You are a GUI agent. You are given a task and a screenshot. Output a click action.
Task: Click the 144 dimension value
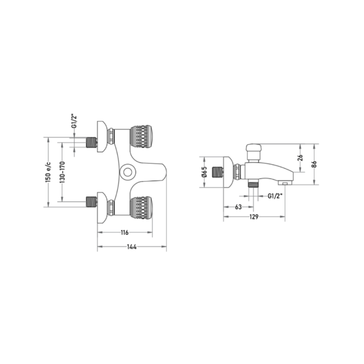pos(132,247)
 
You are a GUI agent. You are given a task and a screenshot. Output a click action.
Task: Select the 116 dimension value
pos(125,232)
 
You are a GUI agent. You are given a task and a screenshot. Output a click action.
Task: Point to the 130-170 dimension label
pos(62,172)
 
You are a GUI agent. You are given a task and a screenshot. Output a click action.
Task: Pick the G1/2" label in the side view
pos(275,196)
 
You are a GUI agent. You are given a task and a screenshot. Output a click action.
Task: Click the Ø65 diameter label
pos(204,172)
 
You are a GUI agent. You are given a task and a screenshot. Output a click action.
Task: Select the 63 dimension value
pos(238,207)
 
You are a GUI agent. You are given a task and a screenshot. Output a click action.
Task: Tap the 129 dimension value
pos(254,217)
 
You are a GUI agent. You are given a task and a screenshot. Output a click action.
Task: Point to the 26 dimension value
pos(300,158)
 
